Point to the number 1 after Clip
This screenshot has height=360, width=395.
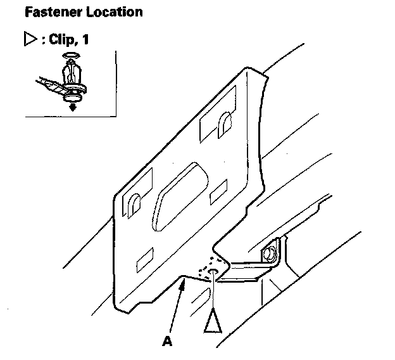[x=85, y=40]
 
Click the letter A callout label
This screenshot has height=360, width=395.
[x=167, y=341]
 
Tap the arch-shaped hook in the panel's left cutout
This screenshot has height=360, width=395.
[x=134, y=205]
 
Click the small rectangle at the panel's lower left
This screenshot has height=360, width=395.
[x=144, y=257]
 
